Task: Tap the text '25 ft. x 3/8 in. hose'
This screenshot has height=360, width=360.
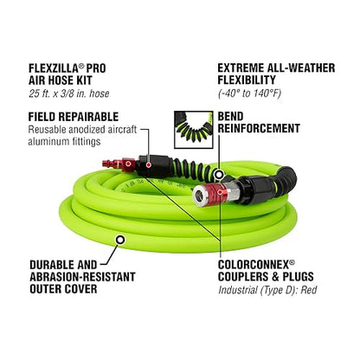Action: (69, 93)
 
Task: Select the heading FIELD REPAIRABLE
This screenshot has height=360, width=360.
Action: (74, 117)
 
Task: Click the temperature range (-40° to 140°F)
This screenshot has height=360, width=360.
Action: (250, 93)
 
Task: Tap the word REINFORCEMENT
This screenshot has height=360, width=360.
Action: (259, 128)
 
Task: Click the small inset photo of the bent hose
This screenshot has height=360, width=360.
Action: (194, 130)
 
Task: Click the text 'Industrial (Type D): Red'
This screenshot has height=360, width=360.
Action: (267, 290)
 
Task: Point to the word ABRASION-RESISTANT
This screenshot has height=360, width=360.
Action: (82, 277)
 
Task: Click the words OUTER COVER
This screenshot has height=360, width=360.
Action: (63, 289)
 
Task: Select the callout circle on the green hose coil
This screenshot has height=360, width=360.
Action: (120, 240)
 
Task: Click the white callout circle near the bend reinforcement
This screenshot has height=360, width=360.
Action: (220, 174)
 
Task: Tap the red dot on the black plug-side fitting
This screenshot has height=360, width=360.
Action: (149, 165)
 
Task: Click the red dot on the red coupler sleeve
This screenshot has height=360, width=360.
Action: (221, 191)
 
